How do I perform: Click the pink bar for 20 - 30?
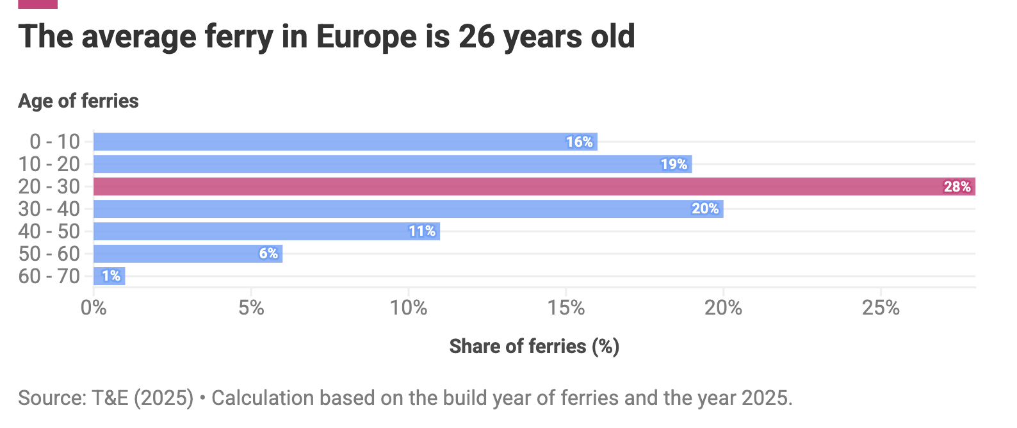(x=534, y=186)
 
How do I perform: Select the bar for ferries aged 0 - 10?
(x=345, y=142)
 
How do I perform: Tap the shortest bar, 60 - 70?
(x=110, y=276)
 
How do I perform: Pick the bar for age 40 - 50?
(x=267, y=231)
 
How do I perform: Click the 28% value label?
(x=957, y=186)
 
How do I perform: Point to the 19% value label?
(x=674, y=164)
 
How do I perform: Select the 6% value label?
(x=268, y=254)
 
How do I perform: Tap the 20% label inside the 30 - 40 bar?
(x=705, y=209)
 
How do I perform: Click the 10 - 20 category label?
(x=49, y=164)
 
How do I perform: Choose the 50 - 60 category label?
(x=49, y=254)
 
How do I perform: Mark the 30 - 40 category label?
(x=49, y=209)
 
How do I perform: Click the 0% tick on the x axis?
(x=94, y=308)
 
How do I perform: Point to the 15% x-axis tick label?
(x=565, y=308)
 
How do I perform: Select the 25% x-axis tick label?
(x=881, y=308)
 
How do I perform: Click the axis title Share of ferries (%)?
(x=534, y=347)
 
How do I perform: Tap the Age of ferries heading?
(x=78, y=101)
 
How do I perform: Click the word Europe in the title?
(x=366, y=37)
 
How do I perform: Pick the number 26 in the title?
(x=476, y=37)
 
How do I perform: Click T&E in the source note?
(x=110, y=398)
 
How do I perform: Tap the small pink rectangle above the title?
(x=38, y=4)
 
